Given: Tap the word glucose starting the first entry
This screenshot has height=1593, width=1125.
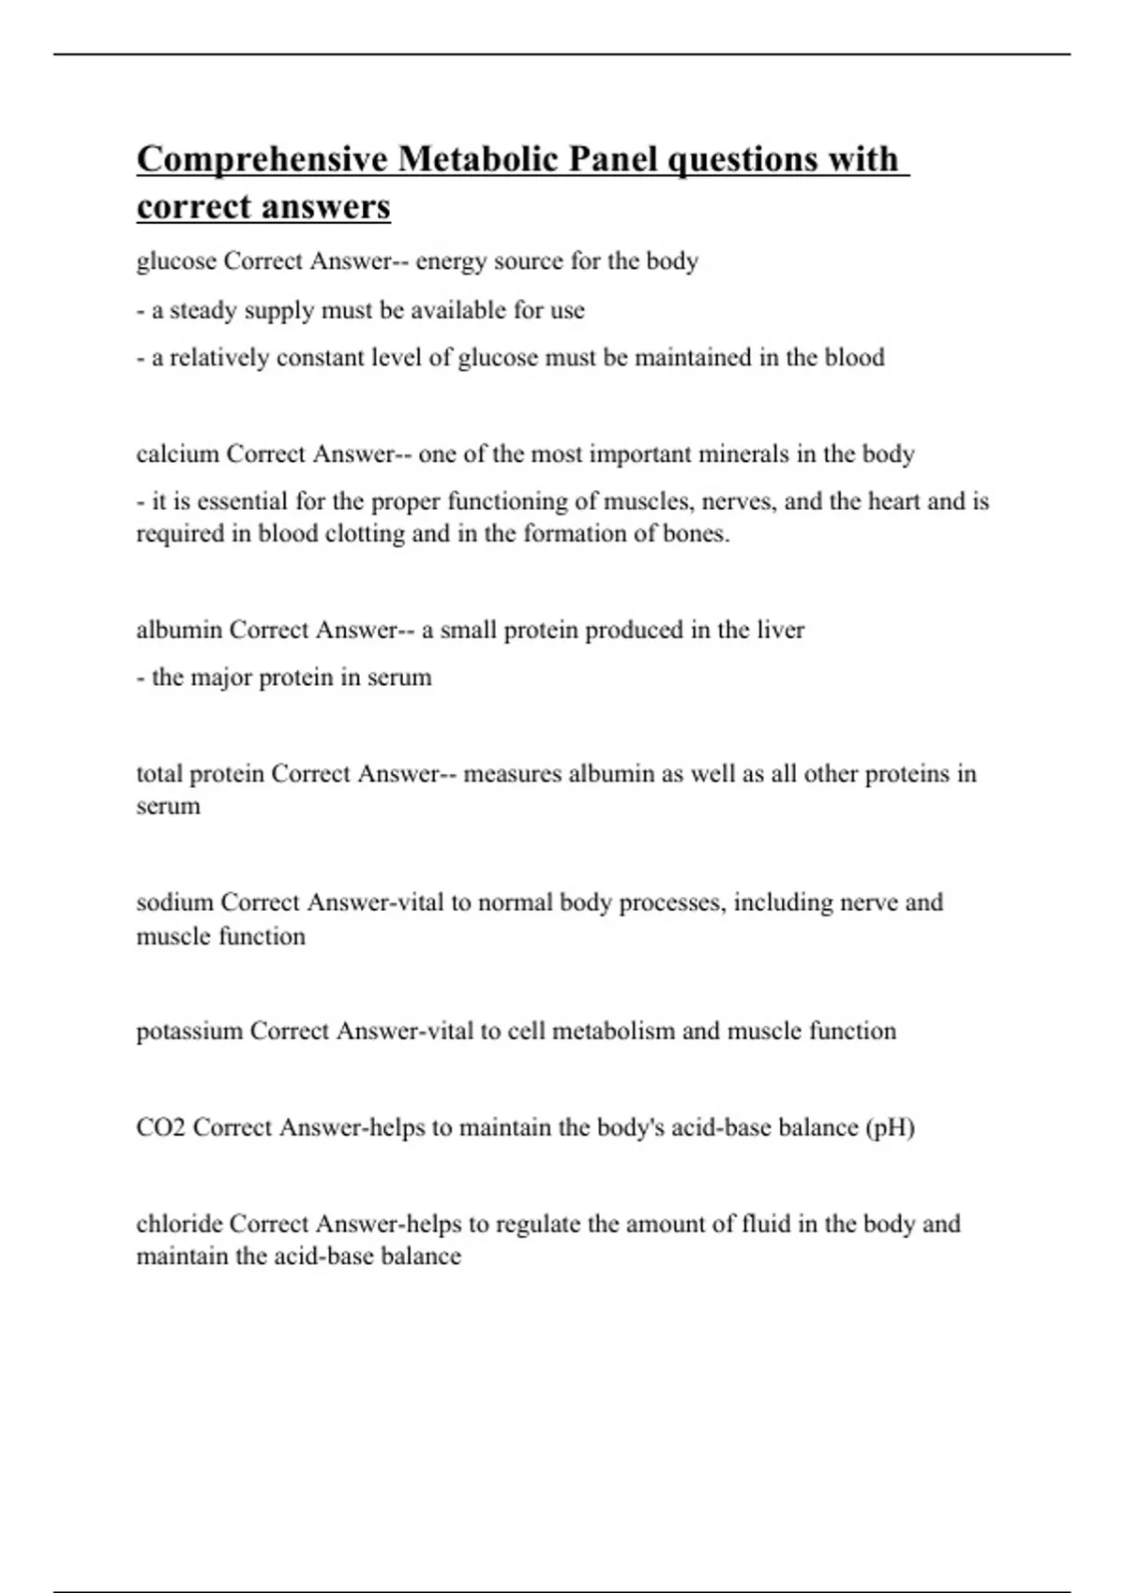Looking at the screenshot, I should click(x=176, y=261).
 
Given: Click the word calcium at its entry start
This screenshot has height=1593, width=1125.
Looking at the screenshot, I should click(x=177, y=454).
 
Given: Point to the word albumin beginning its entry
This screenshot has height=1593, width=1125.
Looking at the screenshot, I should click(x=178, y=630).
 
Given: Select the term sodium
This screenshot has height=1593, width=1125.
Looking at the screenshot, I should click(x=174, y=902).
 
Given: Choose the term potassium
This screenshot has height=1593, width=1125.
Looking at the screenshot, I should click(x=189, y=1032).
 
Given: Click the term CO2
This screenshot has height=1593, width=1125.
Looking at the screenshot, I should click(x=160, y=1127).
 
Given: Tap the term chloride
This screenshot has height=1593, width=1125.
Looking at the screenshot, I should click(x=179, y=1224).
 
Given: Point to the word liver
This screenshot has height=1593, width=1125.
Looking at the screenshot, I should click(x=779, y=630).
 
